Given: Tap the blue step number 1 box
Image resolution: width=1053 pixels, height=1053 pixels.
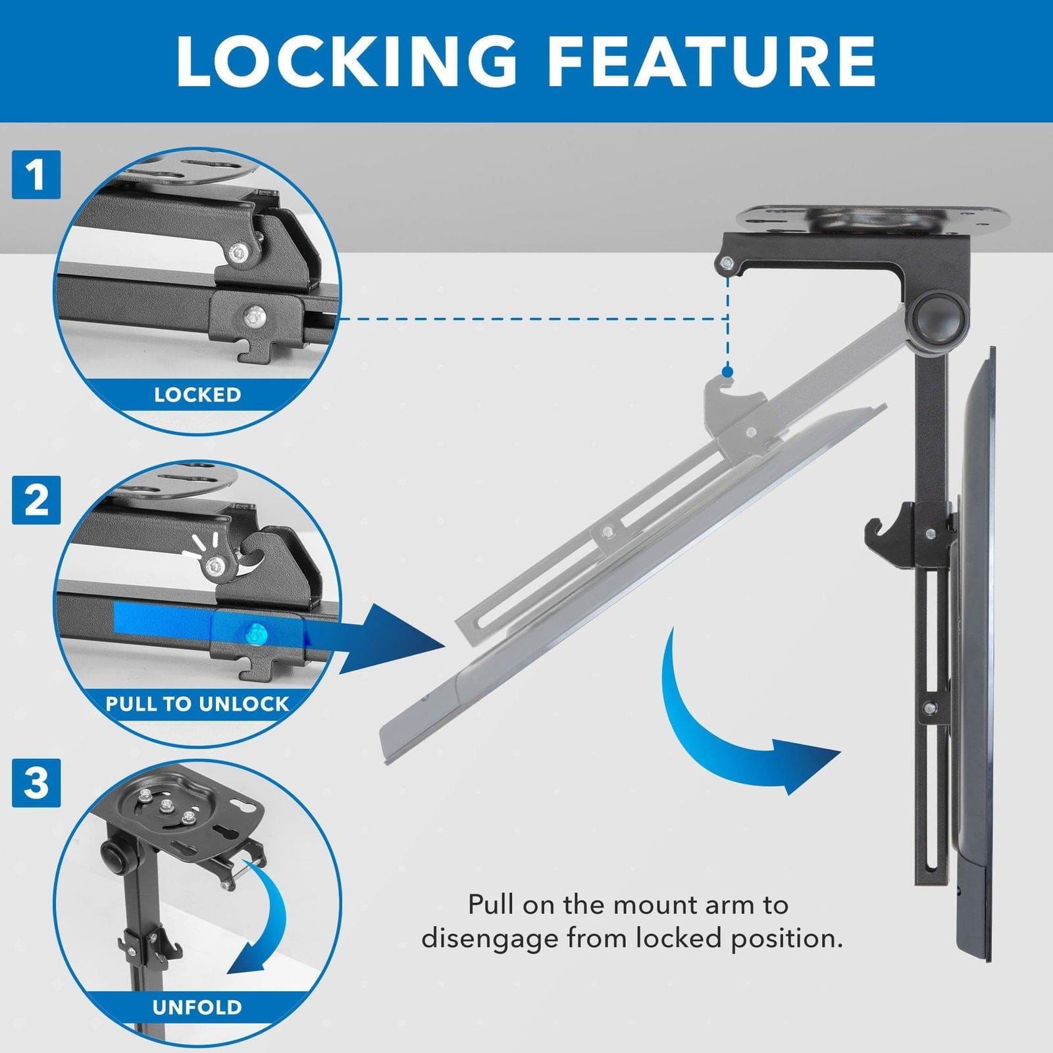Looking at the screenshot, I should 36,174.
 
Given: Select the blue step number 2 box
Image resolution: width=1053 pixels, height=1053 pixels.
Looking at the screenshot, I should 36,500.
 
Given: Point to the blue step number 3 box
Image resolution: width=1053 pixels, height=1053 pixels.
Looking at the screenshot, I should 36,783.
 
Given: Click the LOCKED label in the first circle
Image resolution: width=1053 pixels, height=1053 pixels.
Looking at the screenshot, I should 197,395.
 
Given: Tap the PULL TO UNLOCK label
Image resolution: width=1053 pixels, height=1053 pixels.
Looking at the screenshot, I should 197,704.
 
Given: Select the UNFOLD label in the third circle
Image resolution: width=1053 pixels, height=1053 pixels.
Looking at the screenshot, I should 197,1007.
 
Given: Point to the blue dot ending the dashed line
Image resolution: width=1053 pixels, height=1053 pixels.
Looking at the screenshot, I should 727,372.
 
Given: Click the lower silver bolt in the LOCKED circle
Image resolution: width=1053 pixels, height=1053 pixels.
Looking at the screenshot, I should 253,317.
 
